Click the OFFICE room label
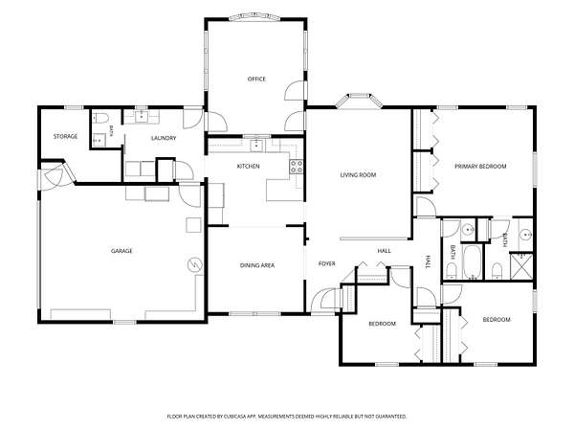[x=256, y=79]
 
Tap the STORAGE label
[x=65, y=136]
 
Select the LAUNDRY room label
[x=164, y=138]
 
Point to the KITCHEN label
[x=248, y=167]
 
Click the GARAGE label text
[x=121, y=251]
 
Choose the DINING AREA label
[x=257, y=265]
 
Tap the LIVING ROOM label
[x=358, y=175]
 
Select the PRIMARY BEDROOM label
[x=480, y=167]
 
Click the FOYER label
[x=327, y=264]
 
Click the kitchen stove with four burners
[x=297, y=167]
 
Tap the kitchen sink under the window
[x=256, y=146]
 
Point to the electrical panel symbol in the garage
[x=195, y=264]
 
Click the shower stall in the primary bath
[x=521, y=266]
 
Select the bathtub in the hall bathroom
[x=472, y=262]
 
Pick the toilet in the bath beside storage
[x=99, y=118]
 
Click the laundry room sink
[x=142, y=117]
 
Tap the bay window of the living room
[x=359, y=101]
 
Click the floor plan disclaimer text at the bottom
[x=287, y=417]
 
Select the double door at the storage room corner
[x=55, y=176]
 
